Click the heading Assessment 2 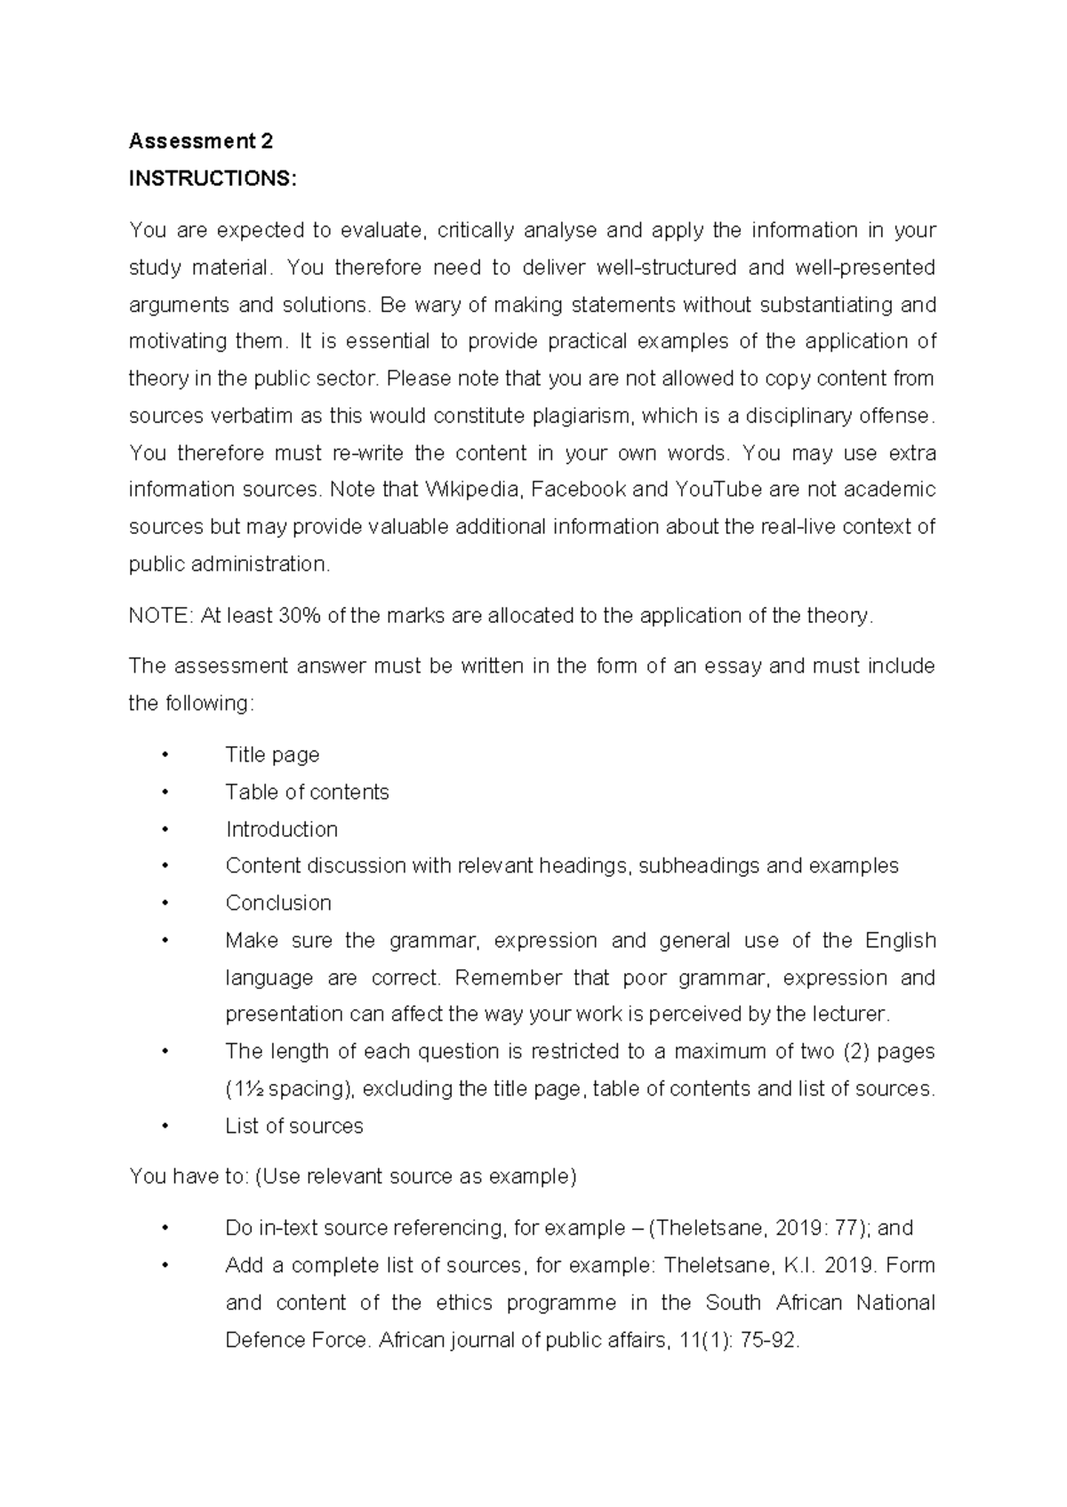point(201,141)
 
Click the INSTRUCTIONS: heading point(210,179)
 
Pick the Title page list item point(272,754)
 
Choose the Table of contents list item point(307,792)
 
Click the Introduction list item point(281,829)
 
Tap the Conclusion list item point(278,903)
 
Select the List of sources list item point(294,1126)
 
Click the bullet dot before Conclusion point(165,904)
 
